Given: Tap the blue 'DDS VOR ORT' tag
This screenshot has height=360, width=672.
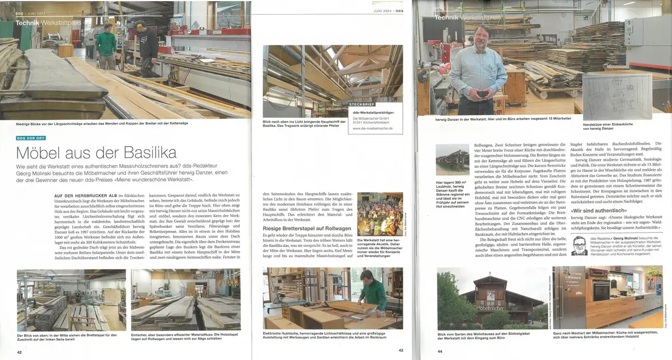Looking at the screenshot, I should point(36,137).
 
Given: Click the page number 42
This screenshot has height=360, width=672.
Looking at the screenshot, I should point(20,352).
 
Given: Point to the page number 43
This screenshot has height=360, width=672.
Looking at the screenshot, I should point(400,350).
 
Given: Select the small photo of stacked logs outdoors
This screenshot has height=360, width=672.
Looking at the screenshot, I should point(452,159).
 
